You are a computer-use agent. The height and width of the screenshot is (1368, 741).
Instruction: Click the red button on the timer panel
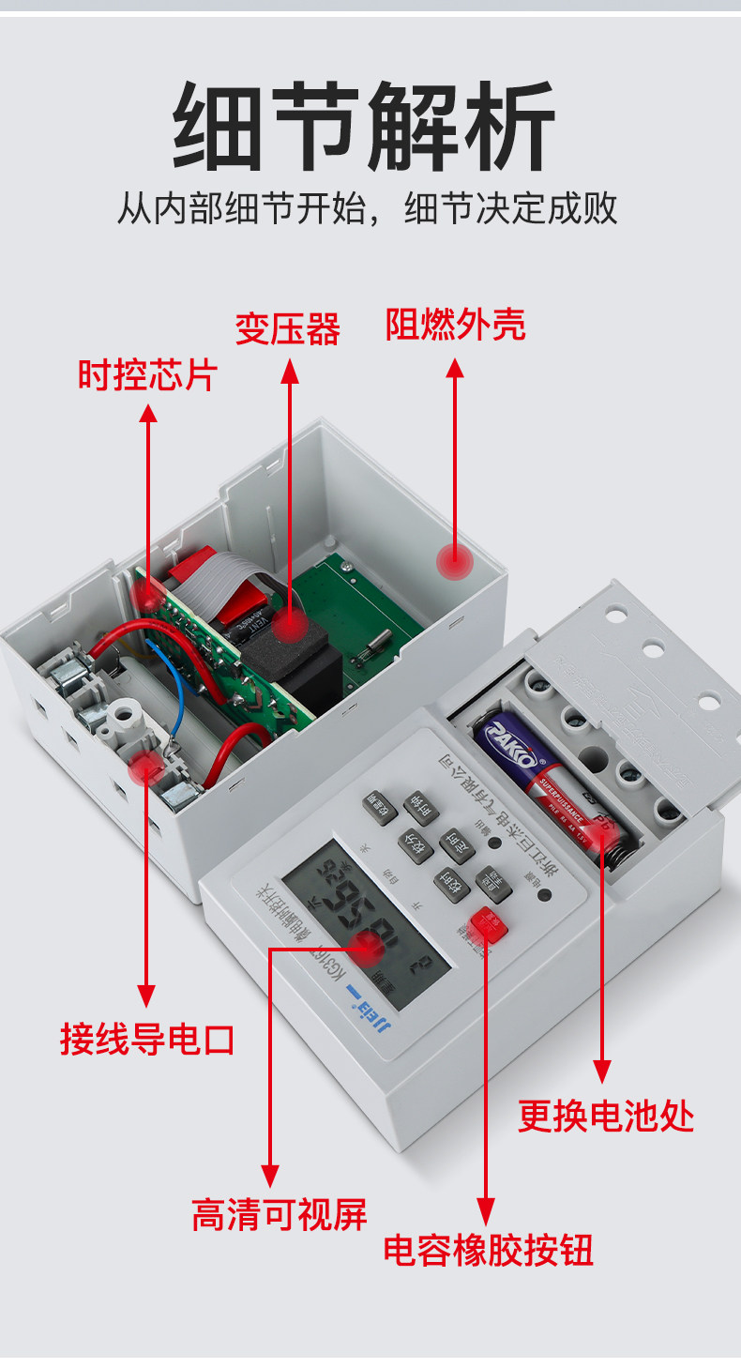tap(488, 924)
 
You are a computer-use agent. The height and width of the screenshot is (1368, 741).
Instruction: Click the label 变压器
tap(287, 328)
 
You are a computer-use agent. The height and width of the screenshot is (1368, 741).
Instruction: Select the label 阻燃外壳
tap(456, 325)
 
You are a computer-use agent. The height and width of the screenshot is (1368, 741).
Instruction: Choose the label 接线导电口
tap(147, 1040)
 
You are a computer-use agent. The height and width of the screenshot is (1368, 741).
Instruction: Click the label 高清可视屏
tap(279, 1215)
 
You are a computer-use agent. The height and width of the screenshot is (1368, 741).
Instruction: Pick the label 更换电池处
tap(606, 1117)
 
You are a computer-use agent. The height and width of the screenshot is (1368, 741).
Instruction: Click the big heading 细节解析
tap(365, 127)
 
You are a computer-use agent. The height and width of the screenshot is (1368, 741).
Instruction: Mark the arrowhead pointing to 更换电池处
tap(603, 1072)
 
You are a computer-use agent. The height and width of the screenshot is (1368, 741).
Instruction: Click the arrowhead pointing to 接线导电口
tap(146, 996)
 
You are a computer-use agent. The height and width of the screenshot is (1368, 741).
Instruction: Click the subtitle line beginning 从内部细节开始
tap(367, 208)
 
